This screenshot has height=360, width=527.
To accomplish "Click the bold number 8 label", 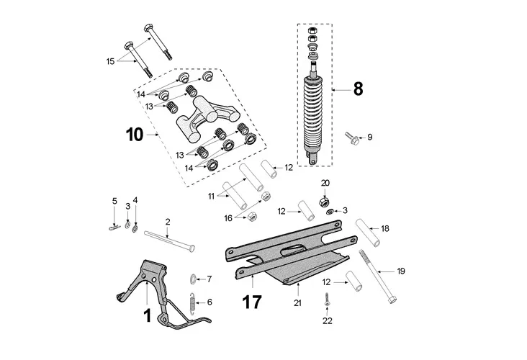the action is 359,89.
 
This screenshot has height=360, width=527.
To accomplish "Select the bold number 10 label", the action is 135,135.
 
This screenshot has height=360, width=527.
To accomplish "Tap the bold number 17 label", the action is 252,302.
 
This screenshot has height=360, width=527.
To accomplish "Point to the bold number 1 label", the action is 147,316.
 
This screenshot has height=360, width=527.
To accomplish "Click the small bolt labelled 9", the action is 351,138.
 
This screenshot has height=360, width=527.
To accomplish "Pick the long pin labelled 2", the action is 169,240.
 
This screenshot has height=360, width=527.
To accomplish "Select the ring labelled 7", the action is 193,279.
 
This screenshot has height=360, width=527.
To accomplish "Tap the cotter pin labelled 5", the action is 114,228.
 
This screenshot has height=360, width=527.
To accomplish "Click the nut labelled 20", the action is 324,202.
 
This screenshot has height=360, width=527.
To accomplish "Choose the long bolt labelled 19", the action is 378,276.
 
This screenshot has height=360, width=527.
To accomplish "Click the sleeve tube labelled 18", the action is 368,233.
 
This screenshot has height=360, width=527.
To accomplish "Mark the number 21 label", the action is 298,303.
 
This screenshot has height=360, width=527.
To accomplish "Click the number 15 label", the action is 111,61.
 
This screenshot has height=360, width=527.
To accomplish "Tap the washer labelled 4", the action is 135,228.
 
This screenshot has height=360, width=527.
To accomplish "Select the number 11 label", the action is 211,197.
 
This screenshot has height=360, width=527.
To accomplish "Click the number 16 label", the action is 228,218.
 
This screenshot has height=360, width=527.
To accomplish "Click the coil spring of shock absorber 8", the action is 314,113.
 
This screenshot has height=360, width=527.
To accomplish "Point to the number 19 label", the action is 400,271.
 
